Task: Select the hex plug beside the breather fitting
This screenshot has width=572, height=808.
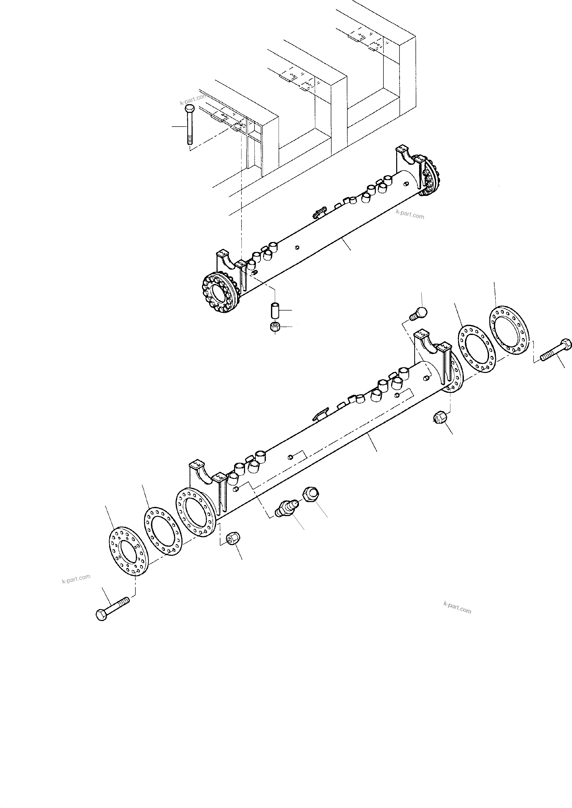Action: tap(311, 494)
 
